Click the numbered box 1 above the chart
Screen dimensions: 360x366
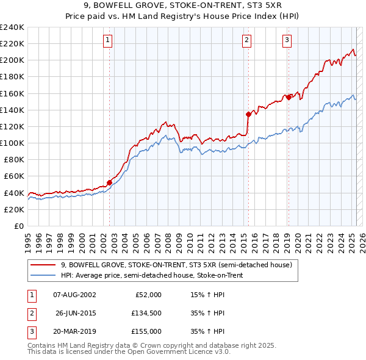107,41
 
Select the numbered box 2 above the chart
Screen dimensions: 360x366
247,41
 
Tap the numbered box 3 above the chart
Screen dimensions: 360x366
287,41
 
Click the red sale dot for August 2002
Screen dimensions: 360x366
110,182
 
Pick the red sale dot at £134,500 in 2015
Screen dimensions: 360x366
248,114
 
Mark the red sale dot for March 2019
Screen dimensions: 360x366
289,97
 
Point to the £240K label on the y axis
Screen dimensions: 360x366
12,27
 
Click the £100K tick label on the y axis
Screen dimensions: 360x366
12,143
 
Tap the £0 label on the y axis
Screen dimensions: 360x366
19,226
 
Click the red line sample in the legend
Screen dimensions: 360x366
42,265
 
